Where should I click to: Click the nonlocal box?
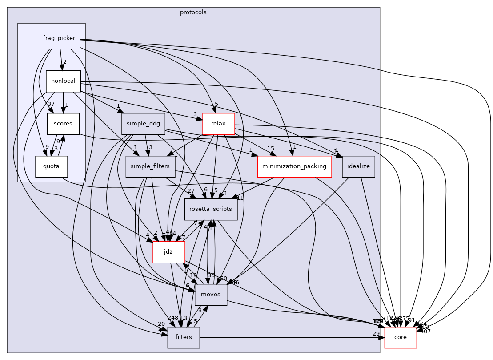pyautogui.click(x=63, y=81)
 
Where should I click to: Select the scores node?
pyautogui.click(x=63, y=124)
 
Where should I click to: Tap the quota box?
pyautogui.click(x=52, y=167)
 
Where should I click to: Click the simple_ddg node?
pyautogui.click(x=143, y=124)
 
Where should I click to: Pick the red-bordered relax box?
pyautogui.click(x=218, y=124)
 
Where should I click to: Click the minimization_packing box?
pyautogui.click(x=294, y=166)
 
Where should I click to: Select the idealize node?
pyautogui.click(x=359, y=166)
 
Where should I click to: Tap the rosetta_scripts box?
pyautogui.click(x=211, y=209)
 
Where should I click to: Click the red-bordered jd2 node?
pyautogui.click(x=168, y=252)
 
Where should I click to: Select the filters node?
pyautogui.click(x=184, y=337)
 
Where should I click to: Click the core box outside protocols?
pyautogui.click(x=400, y=337)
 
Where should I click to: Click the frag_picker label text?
pyautogui.click(x=59, y=38)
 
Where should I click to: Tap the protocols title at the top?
pyautogui.click(x=193, y=12)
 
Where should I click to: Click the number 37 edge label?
pyautogui.click(x=51, y=104)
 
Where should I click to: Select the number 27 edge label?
pyautogui.click(x=191, y=190)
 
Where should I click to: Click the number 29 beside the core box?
pyautogui.click(x=376, y=333)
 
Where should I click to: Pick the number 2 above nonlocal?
pyautogui.click(x=64, y=62)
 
